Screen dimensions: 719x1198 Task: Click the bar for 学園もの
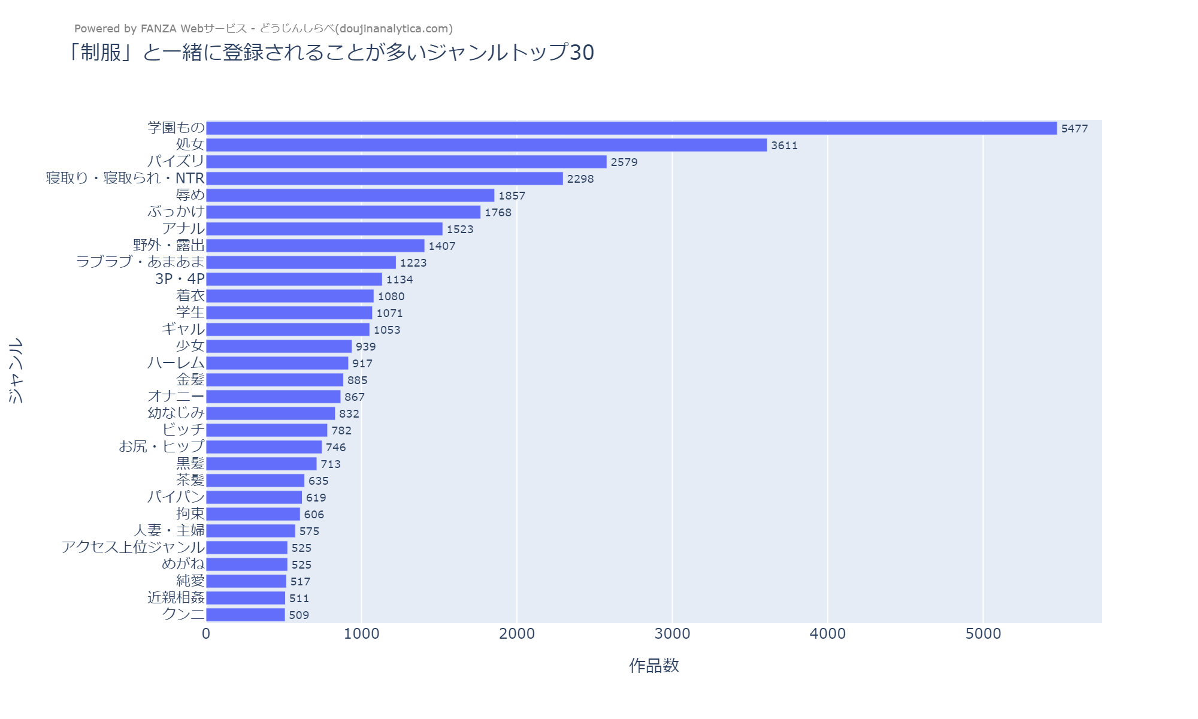pyautogui.click(x=631, y=128)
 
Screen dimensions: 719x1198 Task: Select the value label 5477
pyautogui.click(x=1074, y=128)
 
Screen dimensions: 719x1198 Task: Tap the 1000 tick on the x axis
pyautogui.click(x=361, y=634)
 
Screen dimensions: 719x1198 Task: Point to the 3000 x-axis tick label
pyautogui.click(x=672, y=634)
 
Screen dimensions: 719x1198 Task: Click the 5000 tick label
pyautogui.click(x=983, y=634)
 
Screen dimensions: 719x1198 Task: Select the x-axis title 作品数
pyautogui.click(x=654, y=666)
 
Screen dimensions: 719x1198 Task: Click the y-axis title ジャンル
pyautogui.click(x=16, y=370)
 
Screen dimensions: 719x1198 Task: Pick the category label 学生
pyautogui.click(x=190, y=313)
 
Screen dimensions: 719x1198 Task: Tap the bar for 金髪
pyautogui.click(x=274, y=380)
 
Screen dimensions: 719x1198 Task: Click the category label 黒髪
pyautogui.click(x=190, y=464)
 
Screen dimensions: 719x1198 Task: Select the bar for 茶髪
pyautogui.click(x=255, y=481)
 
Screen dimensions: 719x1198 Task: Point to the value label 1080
pyautogui.click(x=391, y=296)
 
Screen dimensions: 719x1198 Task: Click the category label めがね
pyautogui.click(x=183, y=564)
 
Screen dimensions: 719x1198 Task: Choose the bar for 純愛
pyautogui.click(x=246, y=581)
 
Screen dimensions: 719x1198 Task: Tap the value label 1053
pyautogui.click(x=386, y=330)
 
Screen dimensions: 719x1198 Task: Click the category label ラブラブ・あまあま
pyautogui.click(x=140, y=262)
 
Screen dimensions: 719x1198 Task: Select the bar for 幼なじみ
pyautogui.click(x=270, y=413)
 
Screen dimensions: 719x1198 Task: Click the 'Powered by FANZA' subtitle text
pyautogui.click(x=263, y=29)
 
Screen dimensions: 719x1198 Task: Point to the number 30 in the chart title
pyautogui.click(x=582, y=53)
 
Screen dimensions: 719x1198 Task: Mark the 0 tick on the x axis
pyautogui.click(x=206, y=634)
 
